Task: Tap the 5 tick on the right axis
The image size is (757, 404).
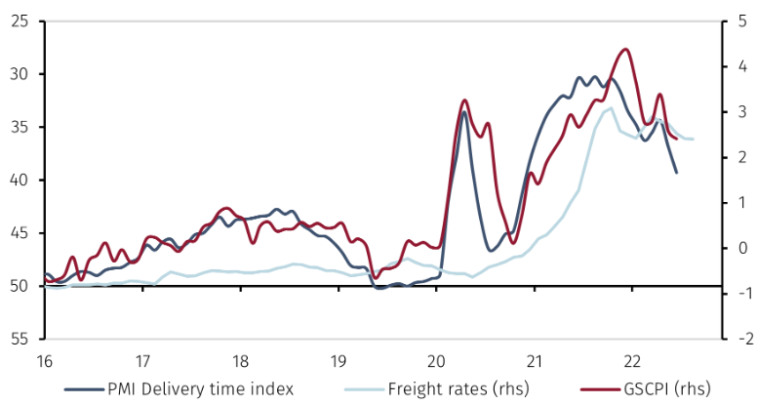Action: [x=738, y=20]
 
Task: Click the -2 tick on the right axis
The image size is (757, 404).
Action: [x=738, y=339]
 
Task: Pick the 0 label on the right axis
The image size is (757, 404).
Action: [x=738, y=248]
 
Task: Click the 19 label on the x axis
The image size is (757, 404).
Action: [x=339, y=358]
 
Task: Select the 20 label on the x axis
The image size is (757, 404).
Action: [x=436, y=358]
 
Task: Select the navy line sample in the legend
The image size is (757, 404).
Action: [x=83, y=388]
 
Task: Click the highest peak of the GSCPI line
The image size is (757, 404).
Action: [x=625, y=50]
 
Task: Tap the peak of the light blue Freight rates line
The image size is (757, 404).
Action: [x=611, y=108]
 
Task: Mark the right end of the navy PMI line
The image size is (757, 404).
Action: [x=676, y=173]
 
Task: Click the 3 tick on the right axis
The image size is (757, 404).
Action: [x=738, y=112]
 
